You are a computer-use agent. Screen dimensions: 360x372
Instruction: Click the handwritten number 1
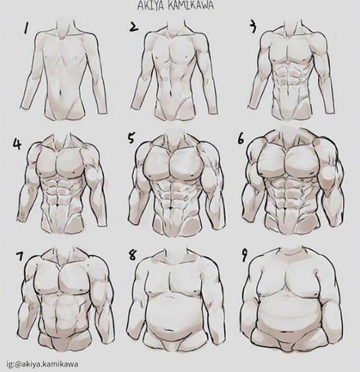pyautogui.click(x=25, y=28)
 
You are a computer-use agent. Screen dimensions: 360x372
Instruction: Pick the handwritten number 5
pyautogui.click(x=131, y=138)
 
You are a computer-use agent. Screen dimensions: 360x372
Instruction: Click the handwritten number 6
pyautogui.click(x=241, y=139)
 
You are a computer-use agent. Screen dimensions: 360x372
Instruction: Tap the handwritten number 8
pyautogui.click(x=132, y=256)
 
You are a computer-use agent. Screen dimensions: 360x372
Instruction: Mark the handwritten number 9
pyautogui.click(x=245, y=256)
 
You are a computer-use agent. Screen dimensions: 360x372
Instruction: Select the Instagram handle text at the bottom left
pyautogui.click(x=42, y=364)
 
